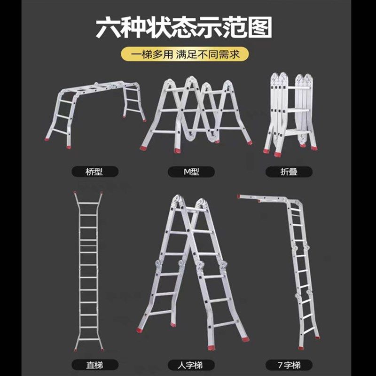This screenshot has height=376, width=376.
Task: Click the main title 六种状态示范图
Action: click(x=184, y=28)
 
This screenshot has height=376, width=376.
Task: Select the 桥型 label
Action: click(x=94, y=171)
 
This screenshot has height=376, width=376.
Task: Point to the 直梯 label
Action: click(x=94, y=364)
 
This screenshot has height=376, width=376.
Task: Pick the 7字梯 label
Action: click(x=289, y=364)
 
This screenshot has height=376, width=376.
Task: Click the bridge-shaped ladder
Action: click(x=96, y=110)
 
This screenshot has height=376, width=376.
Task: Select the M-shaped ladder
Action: click(x=196, y=115)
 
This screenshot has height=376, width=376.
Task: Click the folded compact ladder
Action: click(x=290, y=113)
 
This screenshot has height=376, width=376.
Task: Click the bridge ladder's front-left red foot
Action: click(x=48, y=139)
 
